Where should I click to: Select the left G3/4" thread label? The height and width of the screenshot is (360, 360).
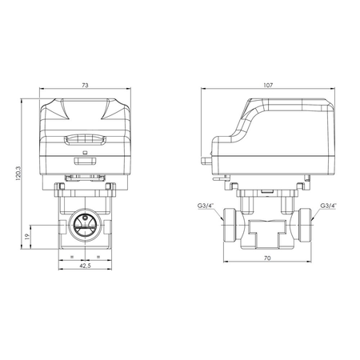[x=206, y=205]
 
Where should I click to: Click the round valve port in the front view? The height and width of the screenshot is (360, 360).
[x=84, y=224]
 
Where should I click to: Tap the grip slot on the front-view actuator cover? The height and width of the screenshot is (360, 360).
[x=84, y=138]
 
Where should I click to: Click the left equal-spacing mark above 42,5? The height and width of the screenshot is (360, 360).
[x=72, y=256]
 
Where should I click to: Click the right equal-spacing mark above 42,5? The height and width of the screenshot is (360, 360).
[x=96, y=256]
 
